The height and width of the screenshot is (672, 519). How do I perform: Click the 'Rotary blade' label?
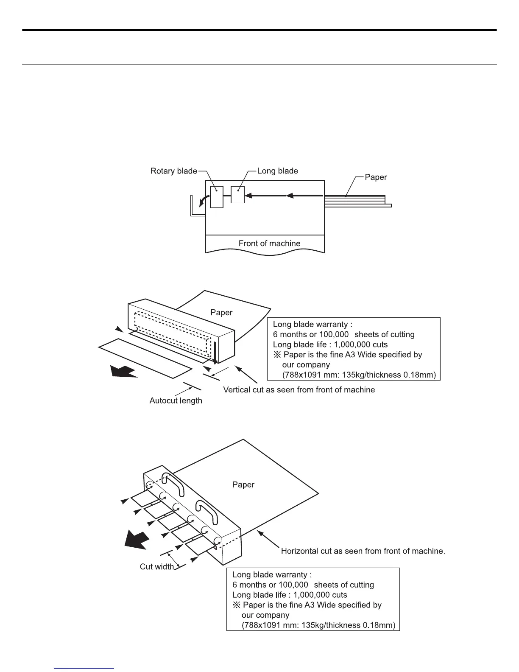(x=174, y=171)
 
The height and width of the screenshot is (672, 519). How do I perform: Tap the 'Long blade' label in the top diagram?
(x=278, y=171)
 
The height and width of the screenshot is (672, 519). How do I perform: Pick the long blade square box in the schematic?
(x=237, y=195)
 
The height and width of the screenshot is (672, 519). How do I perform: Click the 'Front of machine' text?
(x=269, y=244)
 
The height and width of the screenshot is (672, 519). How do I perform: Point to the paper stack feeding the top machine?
(x=354, y=199)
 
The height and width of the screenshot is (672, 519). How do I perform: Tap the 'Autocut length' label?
(x=176, y=400)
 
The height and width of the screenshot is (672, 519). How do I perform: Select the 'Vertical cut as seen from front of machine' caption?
(x=299, y=389)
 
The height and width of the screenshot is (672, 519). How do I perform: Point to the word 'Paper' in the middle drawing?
(x=221, y=313)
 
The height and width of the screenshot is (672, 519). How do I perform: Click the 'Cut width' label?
(x=157, y=567)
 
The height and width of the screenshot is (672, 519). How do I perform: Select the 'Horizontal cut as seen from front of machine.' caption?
(x=363, y=551)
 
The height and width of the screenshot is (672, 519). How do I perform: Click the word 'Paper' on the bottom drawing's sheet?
(x=243, y=484)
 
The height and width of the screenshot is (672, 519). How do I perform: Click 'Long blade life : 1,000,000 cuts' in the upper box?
(x=330, y=344)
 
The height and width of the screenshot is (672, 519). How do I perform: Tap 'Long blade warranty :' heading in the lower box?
(x=272, y=575)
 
